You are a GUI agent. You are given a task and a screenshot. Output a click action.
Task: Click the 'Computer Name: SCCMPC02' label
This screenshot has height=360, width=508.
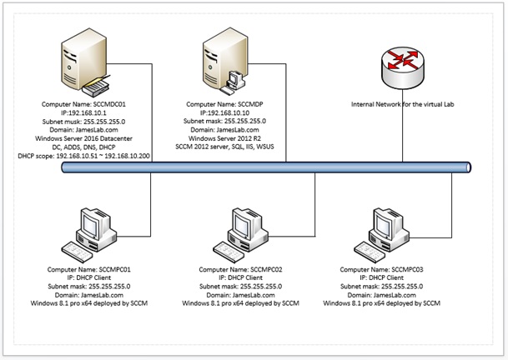pyautogui.click(x=246, y=271)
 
